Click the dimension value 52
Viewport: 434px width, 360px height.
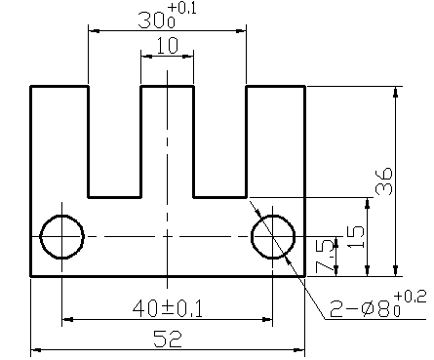pyautogui.click(x=168, y=337)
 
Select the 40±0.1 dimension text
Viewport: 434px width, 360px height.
pyautogui.click(x=168, y=308)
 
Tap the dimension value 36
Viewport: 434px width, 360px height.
pyautogui.click(x=384, y=181)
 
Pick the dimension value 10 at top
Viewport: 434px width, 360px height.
pyautogui.click(x=167, y=46)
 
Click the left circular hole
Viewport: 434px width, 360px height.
pyautogui.click(x=62, y=236)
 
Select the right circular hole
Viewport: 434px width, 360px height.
pyautogui.click(x=274, y=236)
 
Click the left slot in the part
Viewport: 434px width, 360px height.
pyautogui.click(x=115, y=140)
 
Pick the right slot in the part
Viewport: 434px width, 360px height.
pyautogui.click(x=220, y=140)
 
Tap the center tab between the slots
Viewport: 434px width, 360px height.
pyautogui.click(x=168, y=137)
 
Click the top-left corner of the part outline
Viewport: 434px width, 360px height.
pyautogui.click(x=31, y=87)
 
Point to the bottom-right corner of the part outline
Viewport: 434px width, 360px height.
pyautogui.click(x=305, y=276)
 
